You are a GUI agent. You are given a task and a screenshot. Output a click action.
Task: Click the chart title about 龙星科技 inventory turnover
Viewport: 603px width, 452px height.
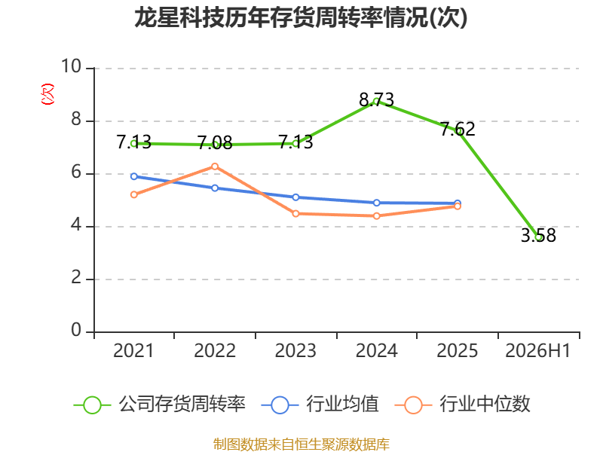(x=301, y=18)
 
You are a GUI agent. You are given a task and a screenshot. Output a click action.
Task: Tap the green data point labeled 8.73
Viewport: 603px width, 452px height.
(x=376, y=102)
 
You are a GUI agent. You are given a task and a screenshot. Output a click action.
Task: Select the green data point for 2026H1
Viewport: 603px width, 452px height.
(x=538, y=237)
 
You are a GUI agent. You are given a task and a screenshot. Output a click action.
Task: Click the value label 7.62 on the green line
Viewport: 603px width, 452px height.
(x=458, y=129)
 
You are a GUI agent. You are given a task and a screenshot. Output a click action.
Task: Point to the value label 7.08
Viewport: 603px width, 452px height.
(x=215, y=143)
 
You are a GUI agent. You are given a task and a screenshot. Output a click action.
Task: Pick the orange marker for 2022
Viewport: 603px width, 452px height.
(x=215, y=166)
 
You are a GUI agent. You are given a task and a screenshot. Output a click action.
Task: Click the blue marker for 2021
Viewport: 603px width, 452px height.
(x=134, y=176)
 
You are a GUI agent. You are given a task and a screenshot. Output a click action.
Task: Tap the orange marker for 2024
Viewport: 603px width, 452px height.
(x=376, y=216)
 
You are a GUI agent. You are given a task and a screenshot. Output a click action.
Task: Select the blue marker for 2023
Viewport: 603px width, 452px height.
(x=295, y=197)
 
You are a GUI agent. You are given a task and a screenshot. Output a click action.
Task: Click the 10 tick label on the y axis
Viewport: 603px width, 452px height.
(x=72, y=66)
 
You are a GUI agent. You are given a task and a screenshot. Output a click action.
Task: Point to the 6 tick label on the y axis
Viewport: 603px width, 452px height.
(x=77, y=173)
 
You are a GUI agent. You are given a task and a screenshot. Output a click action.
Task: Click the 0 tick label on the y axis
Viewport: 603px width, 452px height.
(x=77, y=330)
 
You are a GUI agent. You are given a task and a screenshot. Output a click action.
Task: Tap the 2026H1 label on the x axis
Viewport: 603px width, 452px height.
(x=538, y=350)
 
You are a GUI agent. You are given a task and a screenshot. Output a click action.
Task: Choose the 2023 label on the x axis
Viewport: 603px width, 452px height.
(x=295, y=350)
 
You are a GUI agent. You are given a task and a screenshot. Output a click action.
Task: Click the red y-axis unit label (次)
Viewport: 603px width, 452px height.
(x=47, y=94)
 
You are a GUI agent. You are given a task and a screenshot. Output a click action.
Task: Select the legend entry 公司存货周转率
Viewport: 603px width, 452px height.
(x=160, y=405)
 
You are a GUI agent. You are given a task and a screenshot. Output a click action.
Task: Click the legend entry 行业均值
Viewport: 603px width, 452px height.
(x=320, y=405)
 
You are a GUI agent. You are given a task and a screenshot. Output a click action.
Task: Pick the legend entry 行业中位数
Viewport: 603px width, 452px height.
(x=463, y=405)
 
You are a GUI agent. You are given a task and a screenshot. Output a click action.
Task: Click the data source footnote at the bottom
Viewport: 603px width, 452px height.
(x=301, y=444)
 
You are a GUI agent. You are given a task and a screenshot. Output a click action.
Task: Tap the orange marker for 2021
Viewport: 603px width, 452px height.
(x=134, y=195)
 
